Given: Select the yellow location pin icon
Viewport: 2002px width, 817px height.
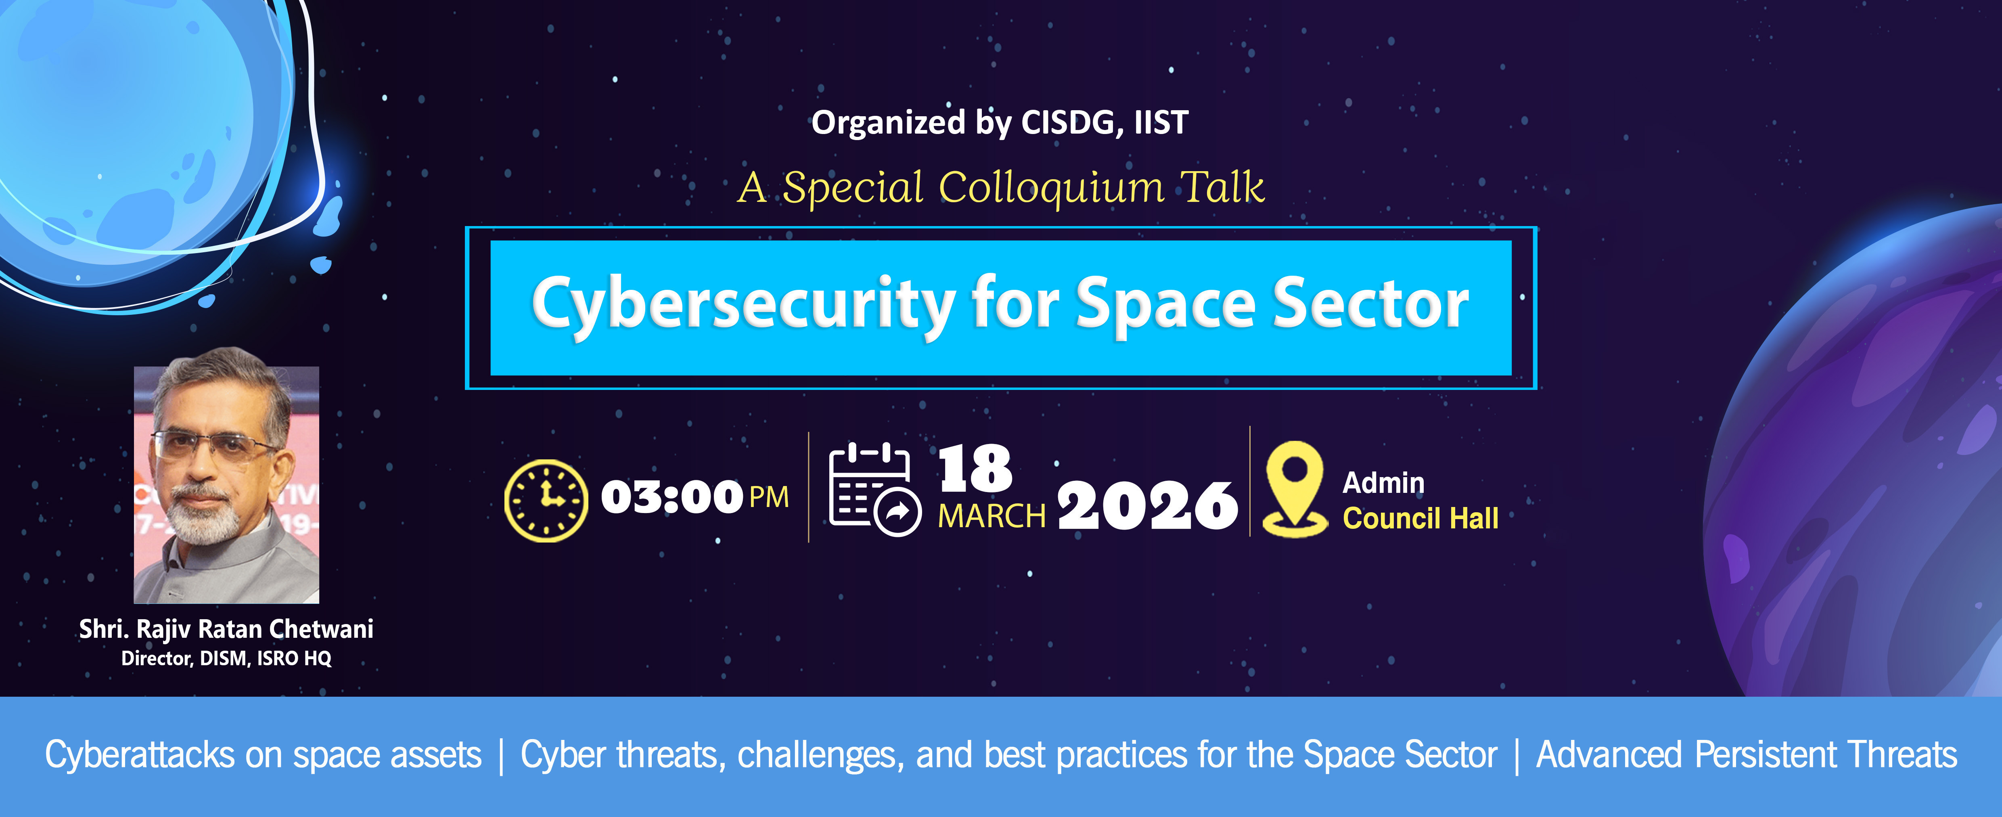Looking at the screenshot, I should point(1294,488).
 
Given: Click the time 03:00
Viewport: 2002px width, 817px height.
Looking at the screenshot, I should point(672,497).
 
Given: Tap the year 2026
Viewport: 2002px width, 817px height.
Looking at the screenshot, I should point(1147,505).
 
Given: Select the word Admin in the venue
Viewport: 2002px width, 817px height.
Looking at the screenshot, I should point(1383,483).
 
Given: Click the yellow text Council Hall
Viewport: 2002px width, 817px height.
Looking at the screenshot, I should point(1420,518).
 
